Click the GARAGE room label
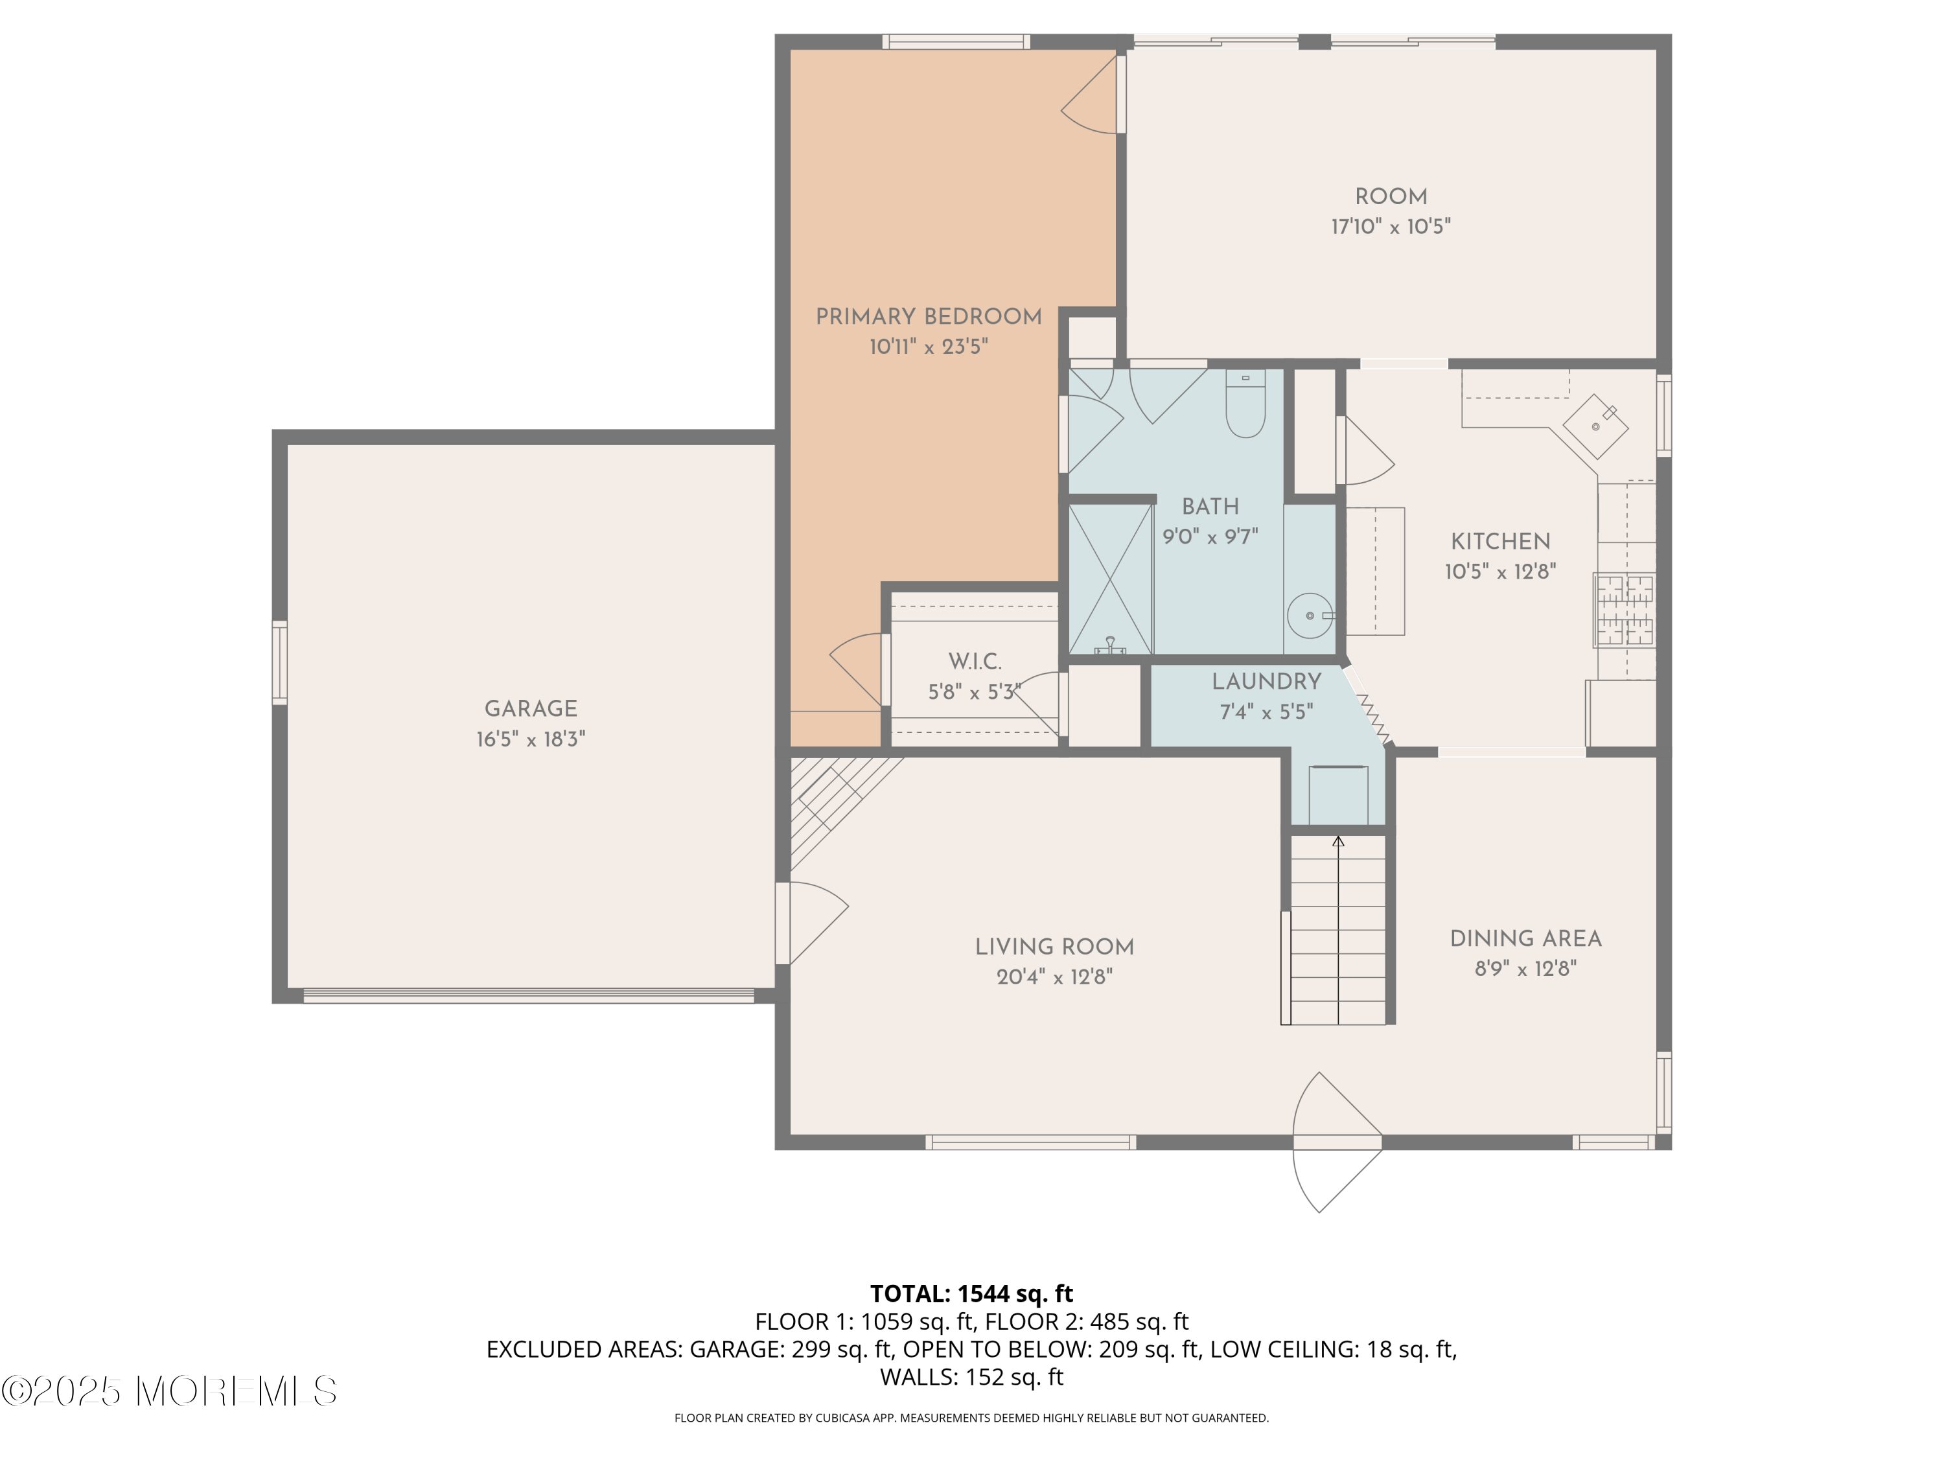pyautogui.click(x=531, y=709)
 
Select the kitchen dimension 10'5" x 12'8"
pyautogui.click(x=1500, y=572)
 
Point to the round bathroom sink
pyautogui.click(x=1310, y=615)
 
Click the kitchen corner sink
pyautogui.click(x=1595, y=426)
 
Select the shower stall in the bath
pyautogui.click(x=1110, y=579)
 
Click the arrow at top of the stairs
pyautogui.click(x=1339, y=842)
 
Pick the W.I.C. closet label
pyautogui.click(x=975, y=662)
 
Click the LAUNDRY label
pyautogui.click(x=1266, y=682)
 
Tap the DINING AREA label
pyautogui.click(x=1525, y=938)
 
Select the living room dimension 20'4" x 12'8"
pyautogui.click(x=1054, y=977)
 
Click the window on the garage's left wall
pyautogui.click(x=279, y=663)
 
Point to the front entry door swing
pyautogui.click(x=1337, y=1142)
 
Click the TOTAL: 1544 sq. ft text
pyautogui.click(x=971, y=1293)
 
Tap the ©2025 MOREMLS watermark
pyautogui.click(x=168, y=1391)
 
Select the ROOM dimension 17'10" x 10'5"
pyautogui.click(x=1391, y=227)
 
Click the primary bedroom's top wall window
pyautogui.click(x=956, y=41)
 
